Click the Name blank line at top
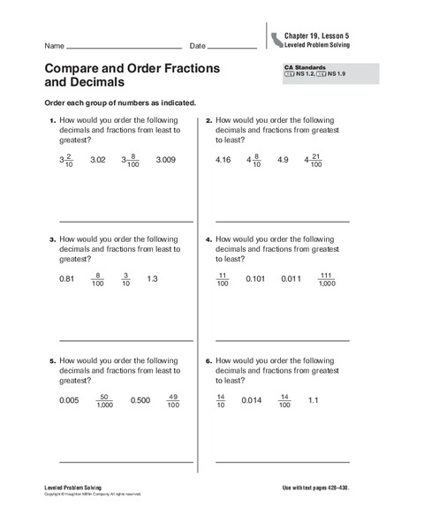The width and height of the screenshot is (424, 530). click(x=124, y=47)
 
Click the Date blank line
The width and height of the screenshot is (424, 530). click(x=232, y=47)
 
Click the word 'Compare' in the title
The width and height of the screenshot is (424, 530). click(x=76, y=68)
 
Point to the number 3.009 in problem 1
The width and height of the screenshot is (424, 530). click(x=166, y=160)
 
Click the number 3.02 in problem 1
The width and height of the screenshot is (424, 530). click(x=98, y=160)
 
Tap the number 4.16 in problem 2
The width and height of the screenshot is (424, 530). click(x=223, y=160)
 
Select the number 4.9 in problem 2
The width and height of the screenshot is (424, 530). click(x=284, y=160)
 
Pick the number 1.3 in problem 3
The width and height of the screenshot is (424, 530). click(x=151, y=279)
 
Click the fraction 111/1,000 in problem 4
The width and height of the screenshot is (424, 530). click(x=326, y=279)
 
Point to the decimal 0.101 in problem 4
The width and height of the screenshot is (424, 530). click(x=255, y=279)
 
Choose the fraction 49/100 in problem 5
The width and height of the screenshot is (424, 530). click(x=173, y=400)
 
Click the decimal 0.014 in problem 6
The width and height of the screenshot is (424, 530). click(x=252, y=400)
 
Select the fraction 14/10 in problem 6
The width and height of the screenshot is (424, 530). click(x=221, y=400)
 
